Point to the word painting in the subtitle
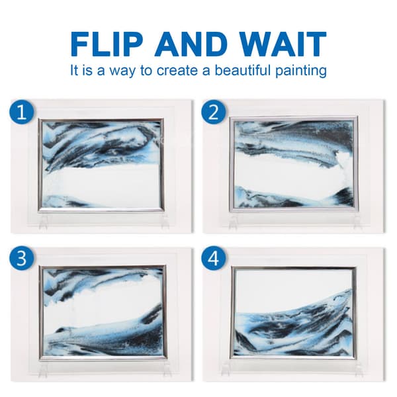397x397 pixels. pos(301,71)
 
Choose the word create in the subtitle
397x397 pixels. pos(178,70)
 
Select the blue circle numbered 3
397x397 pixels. pos(22,258)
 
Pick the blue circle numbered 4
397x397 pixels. pos(214,258)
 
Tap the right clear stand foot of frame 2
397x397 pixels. pos(358,222)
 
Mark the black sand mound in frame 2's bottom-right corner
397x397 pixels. pos(343,197)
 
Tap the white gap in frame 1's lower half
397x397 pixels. pos(101,183)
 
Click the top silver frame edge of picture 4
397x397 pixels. pos(294,268)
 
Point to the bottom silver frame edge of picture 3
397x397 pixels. pos(103,357)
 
